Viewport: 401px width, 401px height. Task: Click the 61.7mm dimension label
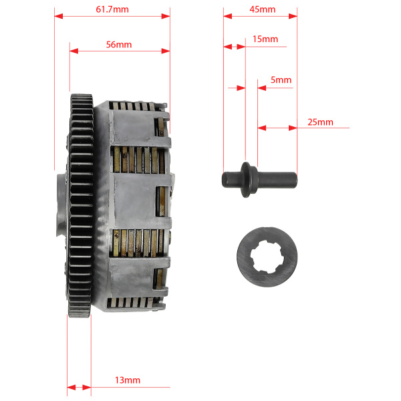(112, 9)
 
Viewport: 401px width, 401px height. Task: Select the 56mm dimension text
(119, 45)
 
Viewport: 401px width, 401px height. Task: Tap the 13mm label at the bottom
(128, 380)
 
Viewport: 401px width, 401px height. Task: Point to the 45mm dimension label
(263, 9)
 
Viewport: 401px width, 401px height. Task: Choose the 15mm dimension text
(265, 39)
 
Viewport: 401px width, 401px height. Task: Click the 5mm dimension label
(281, 80)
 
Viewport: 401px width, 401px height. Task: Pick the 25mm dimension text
(320, 122)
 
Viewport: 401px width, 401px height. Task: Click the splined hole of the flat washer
(267, 257)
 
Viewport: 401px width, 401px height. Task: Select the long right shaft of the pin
(277, 180)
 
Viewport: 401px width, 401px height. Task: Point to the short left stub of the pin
(231, 180)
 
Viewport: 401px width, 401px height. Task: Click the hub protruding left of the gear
(62, 205)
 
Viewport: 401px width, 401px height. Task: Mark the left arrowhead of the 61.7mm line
(59, 16)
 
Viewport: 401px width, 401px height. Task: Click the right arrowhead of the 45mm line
(293, 16)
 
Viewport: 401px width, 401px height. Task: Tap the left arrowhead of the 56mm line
(74, 51)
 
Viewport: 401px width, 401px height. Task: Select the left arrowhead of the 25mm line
(262, 128)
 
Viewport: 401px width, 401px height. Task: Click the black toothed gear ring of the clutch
(80, 206)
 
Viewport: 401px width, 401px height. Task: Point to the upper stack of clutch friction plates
(138, 160)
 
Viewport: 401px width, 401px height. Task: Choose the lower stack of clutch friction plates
(138, 243)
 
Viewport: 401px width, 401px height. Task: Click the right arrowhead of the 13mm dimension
(87, 388)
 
